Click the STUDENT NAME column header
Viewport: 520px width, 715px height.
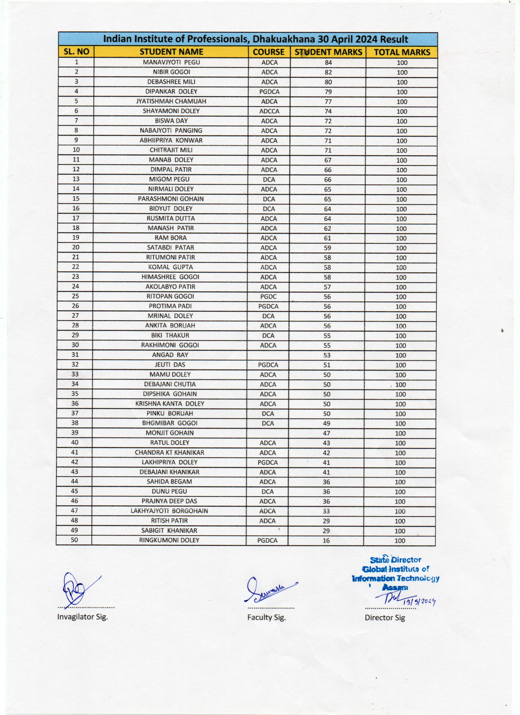[171, 52]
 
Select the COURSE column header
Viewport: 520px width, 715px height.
[269, 52]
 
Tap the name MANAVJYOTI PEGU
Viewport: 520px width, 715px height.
[171, 62]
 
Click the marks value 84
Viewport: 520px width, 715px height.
[328, 62]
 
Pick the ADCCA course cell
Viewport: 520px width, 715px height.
[269, 111]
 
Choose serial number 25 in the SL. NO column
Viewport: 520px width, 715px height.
[75, 296]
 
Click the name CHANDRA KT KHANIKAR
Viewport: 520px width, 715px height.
[169, 452]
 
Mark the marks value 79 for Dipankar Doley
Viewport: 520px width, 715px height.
[328, 92]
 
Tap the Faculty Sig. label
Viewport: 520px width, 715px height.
[266, 617]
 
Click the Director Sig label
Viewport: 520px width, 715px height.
[385, 618]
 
